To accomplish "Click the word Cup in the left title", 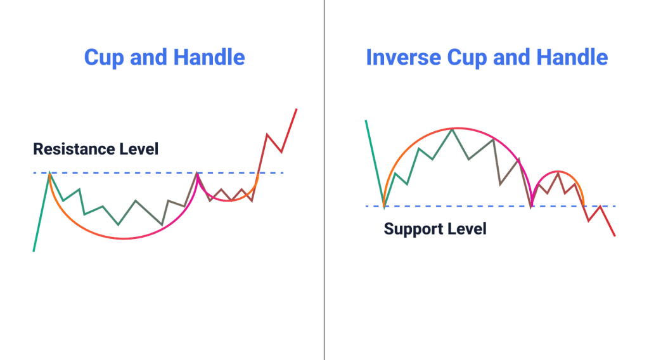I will (104, 58).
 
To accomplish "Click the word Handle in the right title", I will (573, 58).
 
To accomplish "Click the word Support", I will (414, 228).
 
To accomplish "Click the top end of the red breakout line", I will (296, 109).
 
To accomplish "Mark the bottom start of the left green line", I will (34, 251).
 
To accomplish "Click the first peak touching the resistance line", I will (49, 172).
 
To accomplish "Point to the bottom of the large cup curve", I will (124, 238).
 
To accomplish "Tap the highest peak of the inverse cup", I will (452, 129).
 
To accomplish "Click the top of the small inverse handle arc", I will (557, 172).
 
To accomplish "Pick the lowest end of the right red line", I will (614, 236).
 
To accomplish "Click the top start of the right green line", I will (366, 120).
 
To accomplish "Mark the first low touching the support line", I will (384, 206).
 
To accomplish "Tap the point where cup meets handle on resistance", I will (197, 172).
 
